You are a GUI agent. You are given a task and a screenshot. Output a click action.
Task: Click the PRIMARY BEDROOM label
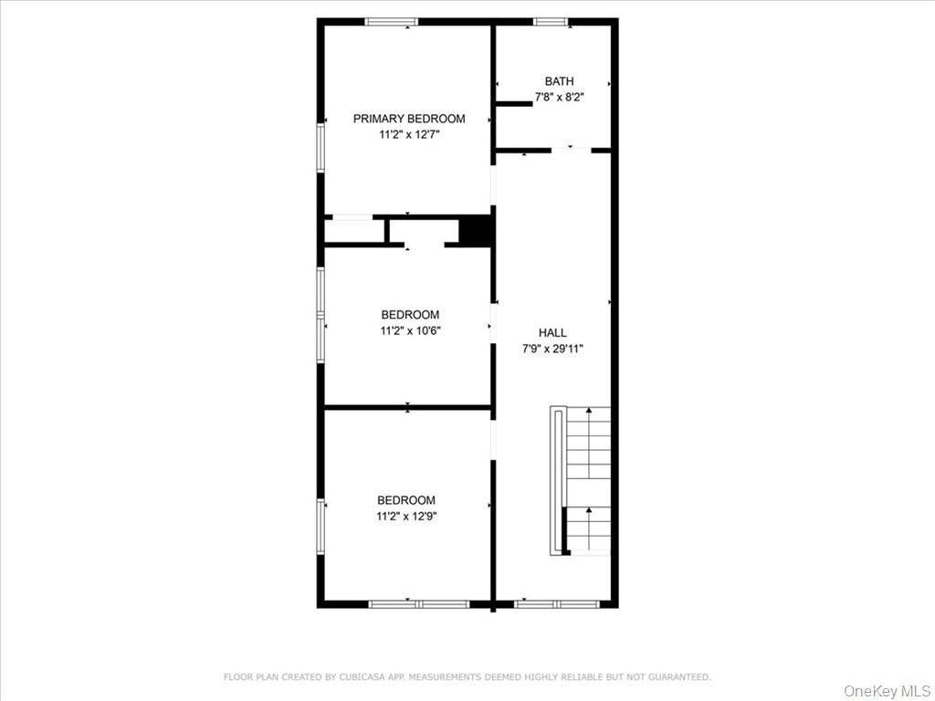pos(409,119)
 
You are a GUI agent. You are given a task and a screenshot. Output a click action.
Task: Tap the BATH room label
pos(560,81)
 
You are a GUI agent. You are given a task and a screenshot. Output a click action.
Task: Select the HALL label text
pos(552,333)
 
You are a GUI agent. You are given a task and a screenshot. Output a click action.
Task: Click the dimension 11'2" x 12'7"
pos(409,135)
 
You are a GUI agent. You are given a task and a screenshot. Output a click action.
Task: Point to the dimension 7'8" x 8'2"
pos(560,98)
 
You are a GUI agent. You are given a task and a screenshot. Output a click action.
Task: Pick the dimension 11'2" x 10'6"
pos(410,331)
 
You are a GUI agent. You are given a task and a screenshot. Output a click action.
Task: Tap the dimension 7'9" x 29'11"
pos(552,349)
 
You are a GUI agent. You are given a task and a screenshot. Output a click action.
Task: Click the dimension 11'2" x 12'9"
pos(406,516)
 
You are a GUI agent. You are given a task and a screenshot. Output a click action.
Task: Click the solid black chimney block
pos(476,230)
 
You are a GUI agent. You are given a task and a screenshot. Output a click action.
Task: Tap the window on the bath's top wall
pos(551,22)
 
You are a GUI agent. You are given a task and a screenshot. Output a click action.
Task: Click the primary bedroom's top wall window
pos(391,22)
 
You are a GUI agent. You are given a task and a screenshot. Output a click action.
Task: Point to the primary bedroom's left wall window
pos(320,146)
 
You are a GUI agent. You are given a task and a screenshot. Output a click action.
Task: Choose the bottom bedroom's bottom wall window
pos(418,603)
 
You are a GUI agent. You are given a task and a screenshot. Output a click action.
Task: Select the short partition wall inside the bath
pos(513,104)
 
